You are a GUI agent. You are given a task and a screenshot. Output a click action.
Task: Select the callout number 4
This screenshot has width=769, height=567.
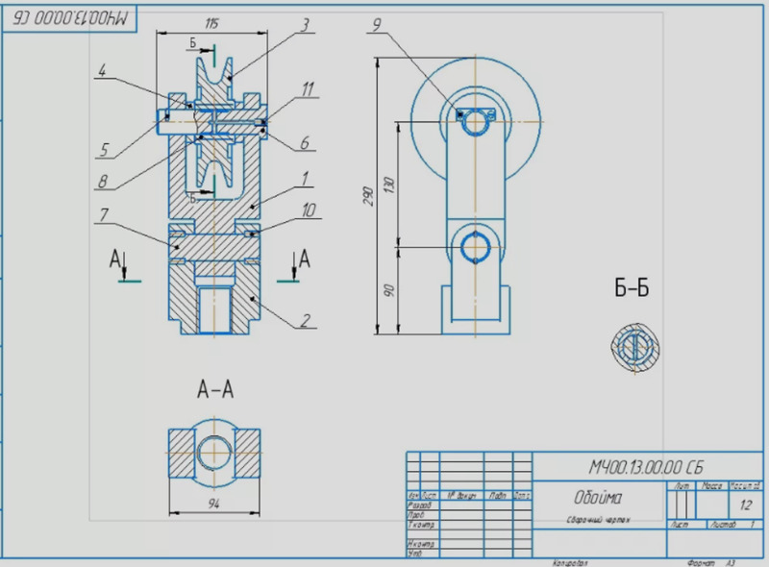103,68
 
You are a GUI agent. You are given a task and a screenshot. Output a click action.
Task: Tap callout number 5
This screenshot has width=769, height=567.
102,148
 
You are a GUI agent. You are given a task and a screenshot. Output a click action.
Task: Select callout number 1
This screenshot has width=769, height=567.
304,178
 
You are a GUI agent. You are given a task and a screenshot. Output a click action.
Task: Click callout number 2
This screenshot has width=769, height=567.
307,322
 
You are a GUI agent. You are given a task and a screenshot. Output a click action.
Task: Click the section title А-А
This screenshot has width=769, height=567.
215,389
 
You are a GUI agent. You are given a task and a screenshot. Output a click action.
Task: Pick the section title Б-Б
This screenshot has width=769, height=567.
632,288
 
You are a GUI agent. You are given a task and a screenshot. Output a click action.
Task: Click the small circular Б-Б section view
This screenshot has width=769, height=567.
633,346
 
